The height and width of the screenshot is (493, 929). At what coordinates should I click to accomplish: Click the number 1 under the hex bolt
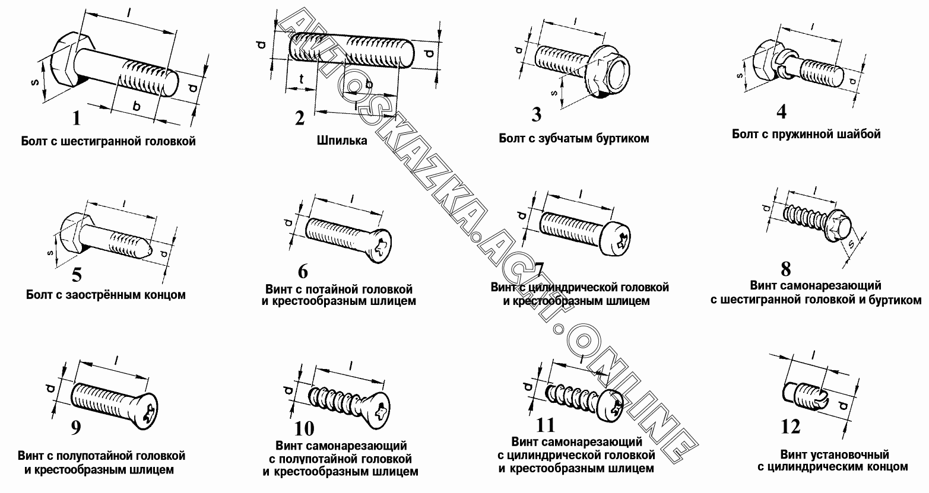[x=77, y=118]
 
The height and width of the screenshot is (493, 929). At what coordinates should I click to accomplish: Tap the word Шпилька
[x=342, y=141]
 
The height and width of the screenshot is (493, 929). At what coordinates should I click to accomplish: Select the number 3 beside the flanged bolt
[x=537, y=115]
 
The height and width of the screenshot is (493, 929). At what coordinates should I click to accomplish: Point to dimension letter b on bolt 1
[x=136, y=107]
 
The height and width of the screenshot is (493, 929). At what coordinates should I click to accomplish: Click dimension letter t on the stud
[x=302, y=79]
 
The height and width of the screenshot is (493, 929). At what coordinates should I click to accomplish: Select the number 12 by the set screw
[x=791, y=426]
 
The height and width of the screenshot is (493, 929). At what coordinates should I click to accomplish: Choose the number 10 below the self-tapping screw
[x=304, y=429]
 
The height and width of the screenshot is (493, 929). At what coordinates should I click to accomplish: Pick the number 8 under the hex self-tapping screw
[x=785, y=269]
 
